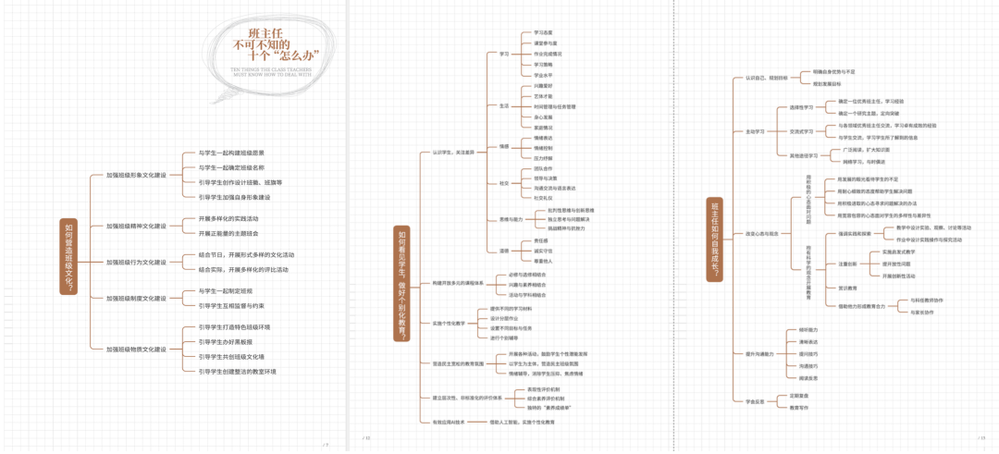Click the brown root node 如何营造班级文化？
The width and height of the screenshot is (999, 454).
[69, 256]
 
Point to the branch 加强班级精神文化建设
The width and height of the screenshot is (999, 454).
[136, 226]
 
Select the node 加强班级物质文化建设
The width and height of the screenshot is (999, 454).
[136, 349]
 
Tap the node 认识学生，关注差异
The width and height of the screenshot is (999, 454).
[452, 152]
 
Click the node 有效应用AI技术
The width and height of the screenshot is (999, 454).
[449, 422]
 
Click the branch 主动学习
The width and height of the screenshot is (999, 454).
[755, 131]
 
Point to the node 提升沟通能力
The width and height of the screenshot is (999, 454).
[760, 353]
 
